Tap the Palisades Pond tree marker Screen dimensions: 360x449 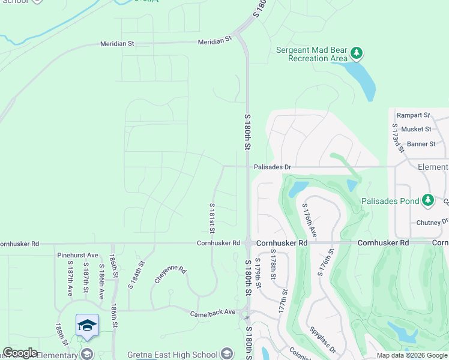click(x=427, y=200)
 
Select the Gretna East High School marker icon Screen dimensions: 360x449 click(x=226, y=353)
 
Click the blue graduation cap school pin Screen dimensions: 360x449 click(x=87, y=325)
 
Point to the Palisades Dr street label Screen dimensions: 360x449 click(x=272, y=167)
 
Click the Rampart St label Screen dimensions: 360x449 click(x=418, y=115)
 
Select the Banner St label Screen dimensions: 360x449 click(x=421, y=144)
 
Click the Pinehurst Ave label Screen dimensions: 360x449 click(x=77, y=255)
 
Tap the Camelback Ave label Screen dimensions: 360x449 click(x=213, y=313)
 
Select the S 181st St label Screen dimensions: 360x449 click(x=212, y=217)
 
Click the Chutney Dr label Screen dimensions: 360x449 click(x=432, y=222)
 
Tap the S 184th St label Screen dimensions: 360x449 click(x=136, y=274)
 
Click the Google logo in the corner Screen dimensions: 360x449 click(x=19, y=353)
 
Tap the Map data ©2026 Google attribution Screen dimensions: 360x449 click(x=412, y=355)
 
